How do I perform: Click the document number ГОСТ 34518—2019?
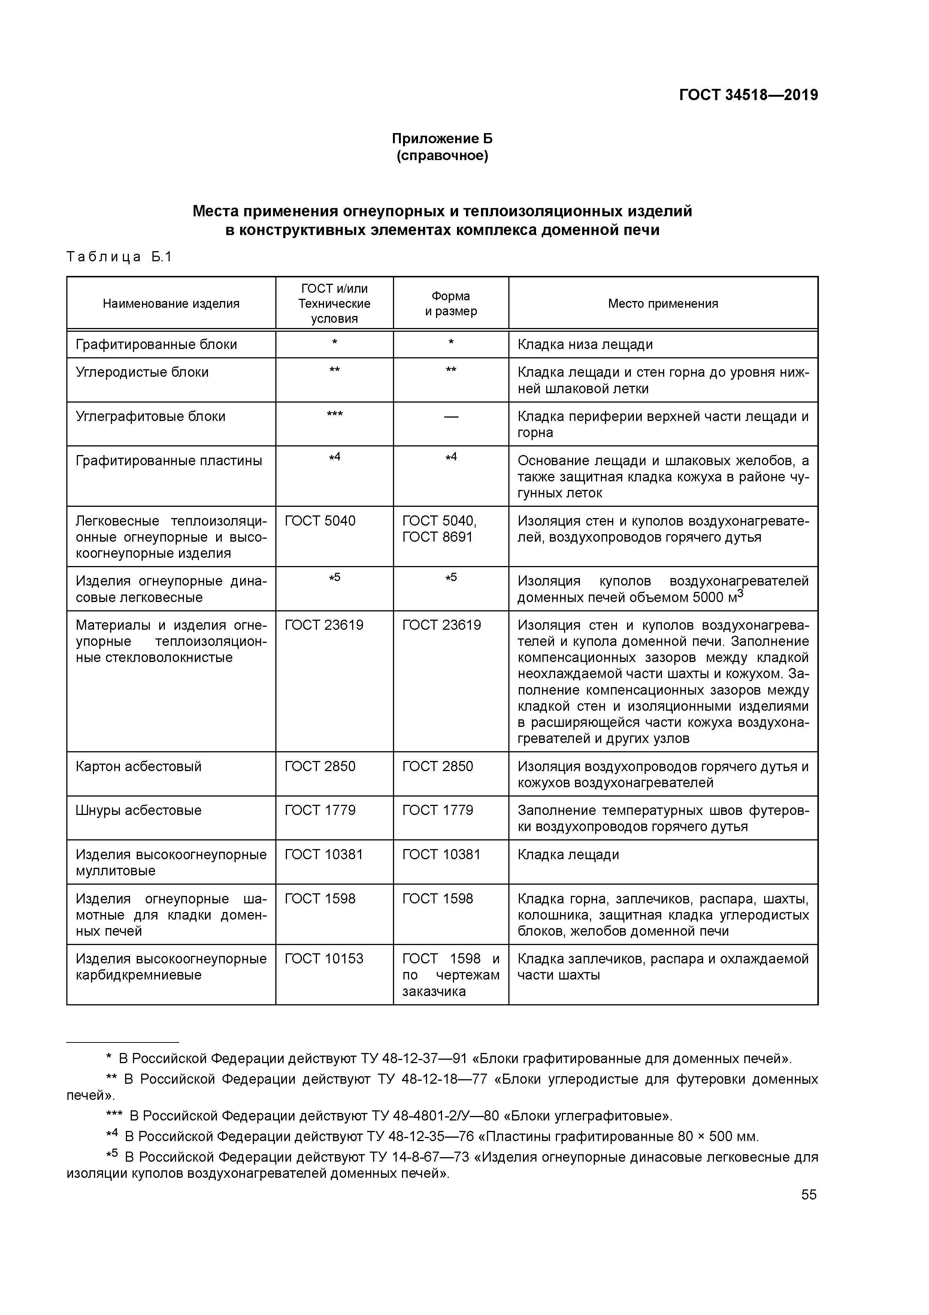tap(748, 95)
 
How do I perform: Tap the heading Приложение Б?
tap(442, 139)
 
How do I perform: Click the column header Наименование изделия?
tap(171, 304)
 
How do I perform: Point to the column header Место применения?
tap(663, 304)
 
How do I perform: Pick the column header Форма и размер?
tap(451, 304)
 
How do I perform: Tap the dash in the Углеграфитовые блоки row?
tap(451, 417)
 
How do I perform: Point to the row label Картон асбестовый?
tap(139, 766)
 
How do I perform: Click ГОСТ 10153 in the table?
tap(324, 959)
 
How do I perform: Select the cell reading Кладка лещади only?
tap(568, 855)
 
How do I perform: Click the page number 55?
tap(809, 1195)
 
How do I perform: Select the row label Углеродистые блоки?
tap(142, 372)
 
